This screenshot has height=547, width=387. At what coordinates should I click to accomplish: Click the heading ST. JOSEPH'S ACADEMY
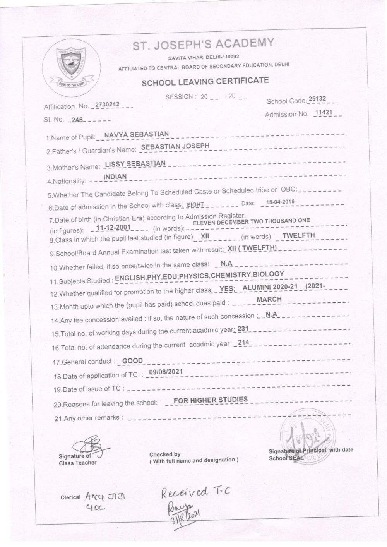204,44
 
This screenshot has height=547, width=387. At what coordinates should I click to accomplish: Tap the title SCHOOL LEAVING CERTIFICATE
205,82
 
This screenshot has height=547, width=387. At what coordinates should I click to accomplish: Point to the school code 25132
318,99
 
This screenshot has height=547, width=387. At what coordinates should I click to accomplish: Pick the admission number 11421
324,113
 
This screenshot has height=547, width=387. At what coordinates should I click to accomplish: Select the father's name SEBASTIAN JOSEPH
175,146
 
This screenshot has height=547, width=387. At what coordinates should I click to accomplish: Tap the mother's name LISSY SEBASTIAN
135,163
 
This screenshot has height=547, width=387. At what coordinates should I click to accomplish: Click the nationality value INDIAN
115,177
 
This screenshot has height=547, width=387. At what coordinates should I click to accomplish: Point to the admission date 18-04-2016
280,202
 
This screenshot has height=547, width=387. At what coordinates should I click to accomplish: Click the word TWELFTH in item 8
298,235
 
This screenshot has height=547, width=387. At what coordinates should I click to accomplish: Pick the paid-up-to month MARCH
269,299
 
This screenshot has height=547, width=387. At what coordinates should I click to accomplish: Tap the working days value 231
243,329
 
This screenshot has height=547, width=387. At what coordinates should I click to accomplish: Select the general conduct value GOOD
132,361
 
